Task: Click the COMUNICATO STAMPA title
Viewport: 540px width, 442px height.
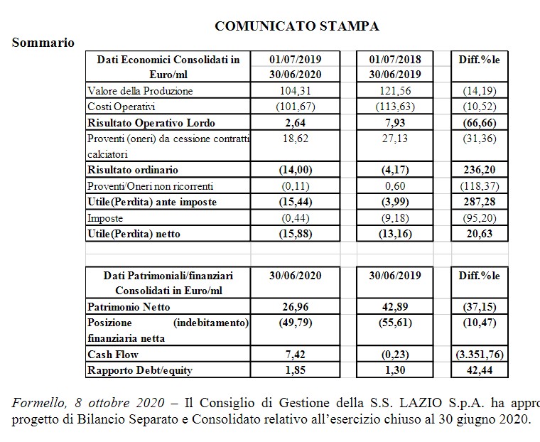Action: [296, 26]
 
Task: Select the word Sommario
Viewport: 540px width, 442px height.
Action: [43, 43]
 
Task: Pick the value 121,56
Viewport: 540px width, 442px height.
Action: [395, 91]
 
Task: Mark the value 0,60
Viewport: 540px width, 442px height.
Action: [395, 186]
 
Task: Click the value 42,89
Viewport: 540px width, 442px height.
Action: [395, 306]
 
